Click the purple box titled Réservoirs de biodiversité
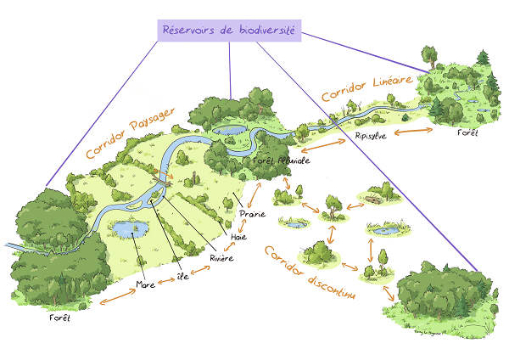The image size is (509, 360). pos(229,31)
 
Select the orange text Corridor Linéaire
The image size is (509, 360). pos(366,88)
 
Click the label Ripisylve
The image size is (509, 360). pos(371,136)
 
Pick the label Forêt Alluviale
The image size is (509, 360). pos(281,160)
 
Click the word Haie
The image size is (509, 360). pos(238,237)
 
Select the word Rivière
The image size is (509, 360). pos(222,257)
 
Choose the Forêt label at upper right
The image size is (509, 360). pos(467,133)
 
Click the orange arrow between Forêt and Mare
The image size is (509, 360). pos(115,297)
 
